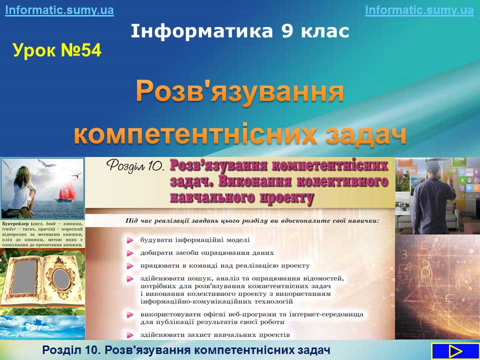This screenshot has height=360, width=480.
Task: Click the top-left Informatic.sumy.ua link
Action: [x=59, y=10]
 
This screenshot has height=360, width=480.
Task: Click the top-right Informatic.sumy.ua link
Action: [x=419, y=10]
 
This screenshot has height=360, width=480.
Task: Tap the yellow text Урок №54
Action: [x=57, y=50]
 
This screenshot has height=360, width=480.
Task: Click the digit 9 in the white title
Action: [x=287, y=31]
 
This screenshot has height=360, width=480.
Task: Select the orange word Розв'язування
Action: [x=239, y=91]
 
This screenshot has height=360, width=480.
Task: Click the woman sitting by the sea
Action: [x=22, y=190]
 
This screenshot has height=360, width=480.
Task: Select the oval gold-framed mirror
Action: [x=61, y=278]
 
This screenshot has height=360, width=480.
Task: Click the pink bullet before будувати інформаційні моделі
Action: [x=130, y=240]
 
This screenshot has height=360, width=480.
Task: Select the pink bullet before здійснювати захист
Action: [x=130, y=335]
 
